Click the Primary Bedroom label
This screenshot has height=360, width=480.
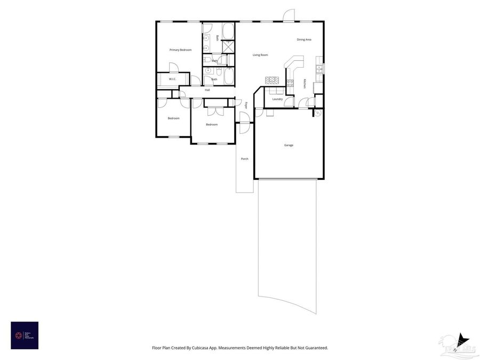tap(180, 50)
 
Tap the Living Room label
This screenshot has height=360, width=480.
tap(260, 55)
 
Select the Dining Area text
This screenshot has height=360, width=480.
tap(304, 39)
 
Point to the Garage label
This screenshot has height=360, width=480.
tap(288, 145)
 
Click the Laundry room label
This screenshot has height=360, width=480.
tap(277, 99)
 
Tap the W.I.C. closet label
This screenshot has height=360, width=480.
tap(172, 79)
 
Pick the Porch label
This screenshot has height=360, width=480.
tap(244, 159)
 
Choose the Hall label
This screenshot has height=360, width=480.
tap(207, 90)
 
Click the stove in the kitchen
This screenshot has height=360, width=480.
tap(290, 83)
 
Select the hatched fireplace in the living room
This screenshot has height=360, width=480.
tap(272, 80)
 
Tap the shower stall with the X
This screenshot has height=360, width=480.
tap(228, 46)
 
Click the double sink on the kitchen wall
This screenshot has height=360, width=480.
tap(320, 68)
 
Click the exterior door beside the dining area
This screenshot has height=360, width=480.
tap(288, 16)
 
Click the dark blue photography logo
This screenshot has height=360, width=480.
tap(25, 335)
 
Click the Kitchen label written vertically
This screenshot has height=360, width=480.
tap(305, 84)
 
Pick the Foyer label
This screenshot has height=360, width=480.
tap(246, 105)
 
